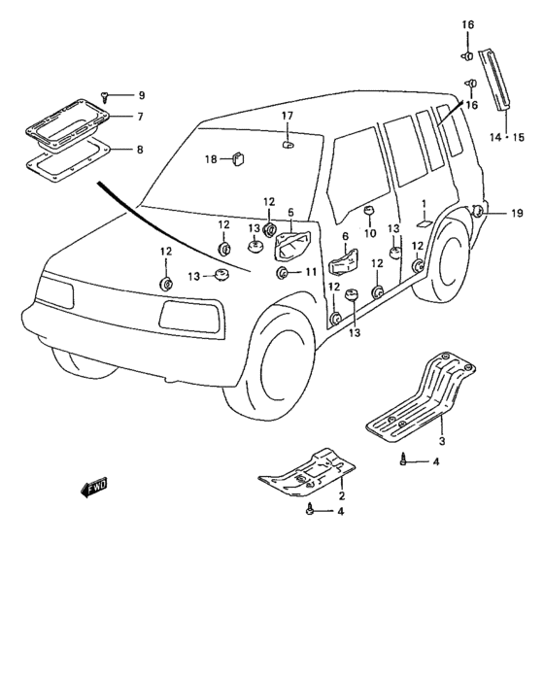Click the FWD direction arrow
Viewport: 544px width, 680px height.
pos(93,488)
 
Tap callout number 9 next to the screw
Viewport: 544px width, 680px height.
pos(142,95)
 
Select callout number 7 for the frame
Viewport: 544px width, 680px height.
pos(140,117)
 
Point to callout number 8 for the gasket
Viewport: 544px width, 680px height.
pos(140,150)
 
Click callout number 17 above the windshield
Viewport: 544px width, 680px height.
pos(288,116)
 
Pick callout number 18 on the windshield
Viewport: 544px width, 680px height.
pos(211,159)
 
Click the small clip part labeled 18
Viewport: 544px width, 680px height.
pos(238,158)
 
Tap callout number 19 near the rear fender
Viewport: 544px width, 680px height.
pos(517,214)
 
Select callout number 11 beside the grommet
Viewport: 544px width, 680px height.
pos(311,272)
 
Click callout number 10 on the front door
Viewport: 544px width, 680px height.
pos(370,234)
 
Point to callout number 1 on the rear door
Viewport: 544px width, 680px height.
pos(424,203)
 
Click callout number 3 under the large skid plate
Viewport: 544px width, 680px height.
pos(442,441)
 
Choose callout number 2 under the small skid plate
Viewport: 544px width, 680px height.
pos(342,495)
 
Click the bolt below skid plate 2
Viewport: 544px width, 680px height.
pos(310,508)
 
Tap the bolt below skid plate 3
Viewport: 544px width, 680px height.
pos(403,459)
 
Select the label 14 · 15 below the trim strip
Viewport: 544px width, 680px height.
pos(507,138)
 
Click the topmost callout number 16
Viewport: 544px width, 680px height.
pos(467,24)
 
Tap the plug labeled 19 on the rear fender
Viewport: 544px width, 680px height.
pos(477,211)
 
